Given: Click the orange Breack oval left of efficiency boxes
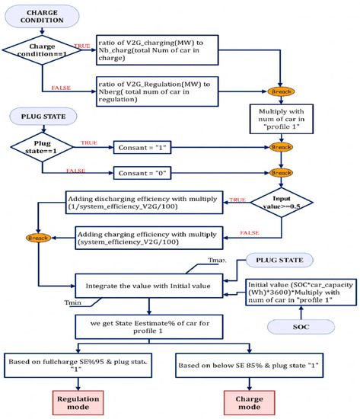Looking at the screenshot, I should (x=36, y=237).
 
